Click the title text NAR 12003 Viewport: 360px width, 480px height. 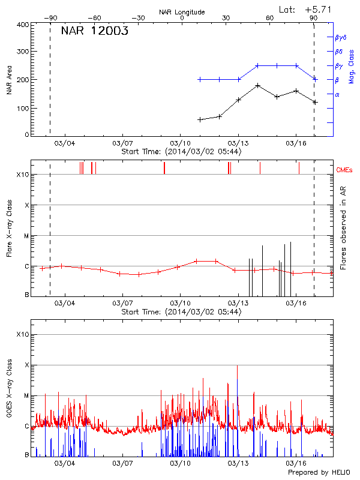coord(94,32)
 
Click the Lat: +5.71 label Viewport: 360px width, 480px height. coord(305,9)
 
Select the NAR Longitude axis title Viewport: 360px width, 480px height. coord(182,12)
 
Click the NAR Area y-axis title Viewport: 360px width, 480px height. coord(9,80)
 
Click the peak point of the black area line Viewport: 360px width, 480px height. coord(257,86)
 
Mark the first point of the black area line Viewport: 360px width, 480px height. coord(200,119)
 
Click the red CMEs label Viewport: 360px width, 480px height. coord(345,170)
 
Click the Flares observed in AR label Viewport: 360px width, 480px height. coord(343,227)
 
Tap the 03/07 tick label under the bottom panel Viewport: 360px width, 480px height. coord(122,463)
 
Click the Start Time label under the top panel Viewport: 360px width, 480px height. coord(181,152)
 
